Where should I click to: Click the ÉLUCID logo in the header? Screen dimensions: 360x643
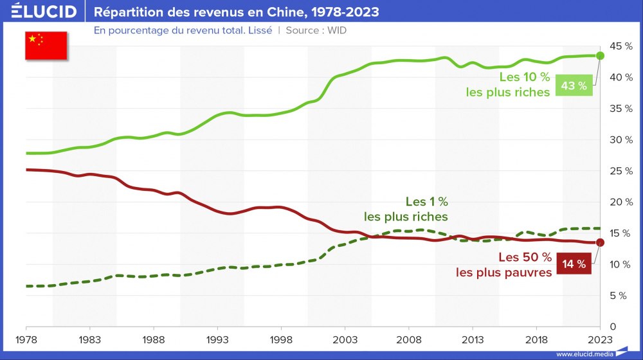(44, 12)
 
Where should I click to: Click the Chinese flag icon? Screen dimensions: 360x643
(46, 45)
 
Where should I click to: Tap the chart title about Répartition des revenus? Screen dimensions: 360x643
(236, 12)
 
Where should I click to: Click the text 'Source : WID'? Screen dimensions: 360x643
(316, 30)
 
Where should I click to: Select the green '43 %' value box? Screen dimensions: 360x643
(574, 85)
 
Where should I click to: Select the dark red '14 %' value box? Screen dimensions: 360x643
(574, 264)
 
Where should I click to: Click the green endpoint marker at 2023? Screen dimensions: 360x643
(600, 55)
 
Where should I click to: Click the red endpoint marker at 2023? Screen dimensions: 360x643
(600, 242)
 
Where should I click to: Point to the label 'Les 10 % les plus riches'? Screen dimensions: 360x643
(508, 84)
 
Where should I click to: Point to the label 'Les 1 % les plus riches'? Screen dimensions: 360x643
(406, 209)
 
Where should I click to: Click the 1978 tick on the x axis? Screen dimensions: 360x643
(26, 339)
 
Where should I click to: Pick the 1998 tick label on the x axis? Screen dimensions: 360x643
(281, 339)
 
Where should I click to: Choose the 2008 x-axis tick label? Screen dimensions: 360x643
(409, 339)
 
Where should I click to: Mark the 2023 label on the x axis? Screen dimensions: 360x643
(600, 339)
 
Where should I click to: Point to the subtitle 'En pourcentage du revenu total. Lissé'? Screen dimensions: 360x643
(183, 30)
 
